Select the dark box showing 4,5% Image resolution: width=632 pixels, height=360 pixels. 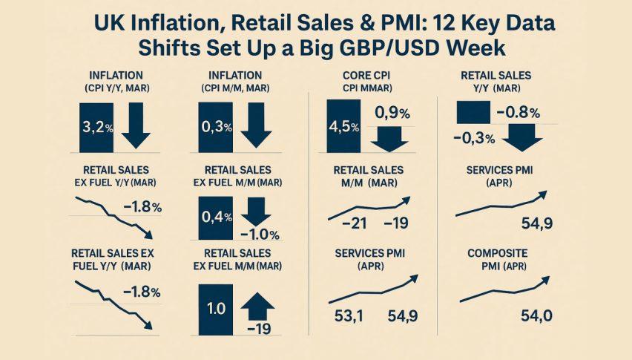[x=343, y=125]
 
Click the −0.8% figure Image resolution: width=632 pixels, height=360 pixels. [x=517, y=113]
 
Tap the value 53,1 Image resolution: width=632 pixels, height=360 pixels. [x=345, y=317]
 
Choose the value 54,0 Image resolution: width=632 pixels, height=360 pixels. [x=536, y=317]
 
